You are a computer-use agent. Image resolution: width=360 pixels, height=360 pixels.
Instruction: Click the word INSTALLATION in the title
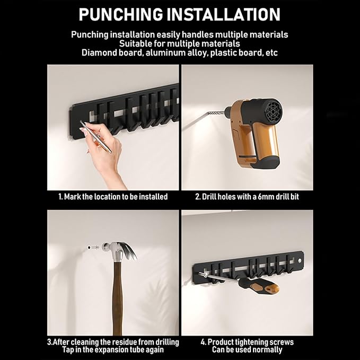[x=231, y=14]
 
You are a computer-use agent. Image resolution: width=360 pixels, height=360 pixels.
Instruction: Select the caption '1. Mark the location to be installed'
[x=112, y=197]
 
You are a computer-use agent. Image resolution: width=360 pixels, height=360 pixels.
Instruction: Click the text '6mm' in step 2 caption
[x=262, y=197]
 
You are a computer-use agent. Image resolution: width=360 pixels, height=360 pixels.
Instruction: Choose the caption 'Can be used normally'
[x=247, y=350]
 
